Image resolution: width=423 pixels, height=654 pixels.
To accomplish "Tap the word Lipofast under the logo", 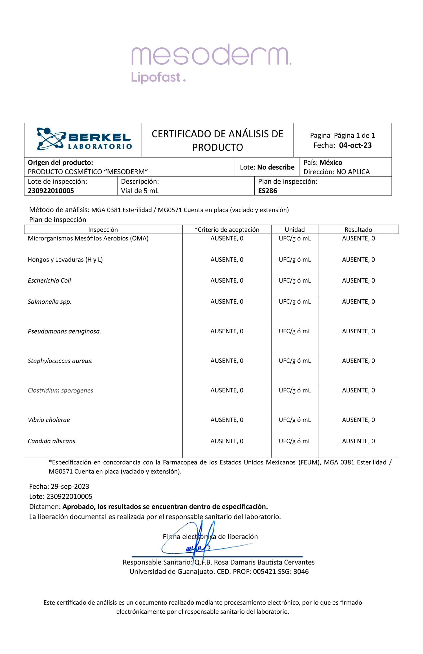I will coord(156,77).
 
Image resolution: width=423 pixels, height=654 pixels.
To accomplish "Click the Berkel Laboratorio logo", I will coord(84,139).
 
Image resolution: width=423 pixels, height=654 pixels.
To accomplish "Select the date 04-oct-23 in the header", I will coord(355,145).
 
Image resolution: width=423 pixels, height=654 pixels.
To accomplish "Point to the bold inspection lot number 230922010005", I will coord(51,191).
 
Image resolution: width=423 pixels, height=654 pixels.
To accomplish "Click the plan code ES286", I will coord(267,191).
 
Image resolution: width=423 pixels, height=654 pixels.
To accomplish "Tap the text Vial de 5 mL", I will coord(140,191).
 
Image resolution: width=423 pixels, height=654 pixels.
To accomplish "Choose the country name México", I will coord(331,163).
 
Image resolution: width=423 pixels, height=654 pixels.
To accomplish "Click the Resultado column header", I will coord(358,230).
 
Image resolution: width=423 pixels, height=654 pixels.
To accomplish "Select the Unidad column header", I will coord(294,230).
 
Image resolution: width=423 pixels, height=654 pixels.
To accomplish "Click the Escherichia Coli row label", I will coord(49,280).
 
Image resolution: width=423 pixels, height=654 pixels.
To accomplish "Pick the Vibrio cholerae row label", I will coord(49,420).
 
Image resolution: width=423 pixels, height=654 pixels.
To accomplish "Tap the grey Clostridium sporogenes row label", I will coord(60,390).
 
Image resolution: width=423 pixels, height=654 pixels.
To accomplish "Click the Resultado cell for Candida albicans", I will coord(358,441).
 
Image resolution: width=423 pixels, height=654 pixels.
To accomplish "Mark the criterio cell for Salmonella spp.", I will coord(227,302).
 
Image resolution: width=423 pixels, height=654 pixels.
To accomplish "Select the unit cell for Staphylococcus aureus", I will coord(294,361).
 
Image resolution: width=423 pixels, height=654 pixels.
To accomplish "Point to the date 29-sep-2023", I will coord(70,486).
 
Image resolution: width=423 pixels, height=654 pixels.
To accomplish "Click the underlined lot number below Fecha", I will coord(69,497).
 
